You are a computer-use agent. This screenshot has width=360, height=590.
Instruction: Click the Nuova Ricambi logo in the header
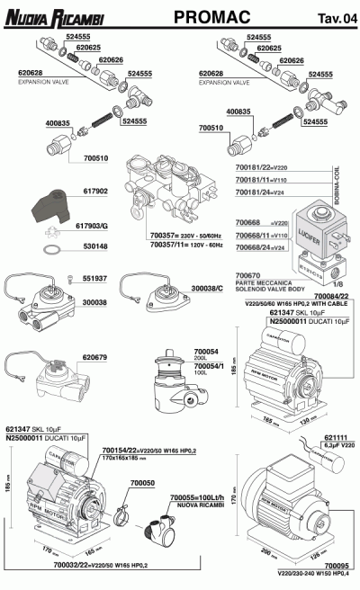point(55,15)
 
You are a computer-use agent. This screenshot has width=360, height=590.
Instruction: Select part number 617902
point(95,191)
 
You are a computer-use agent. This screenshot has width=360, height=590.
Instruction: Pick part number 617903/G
point(98,227)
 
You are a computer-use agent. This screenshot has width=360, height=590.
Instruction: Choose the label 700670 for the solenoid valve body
point(247,274)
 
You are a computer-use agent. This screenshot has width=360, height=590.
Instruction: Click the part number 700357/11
point(168,244)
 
